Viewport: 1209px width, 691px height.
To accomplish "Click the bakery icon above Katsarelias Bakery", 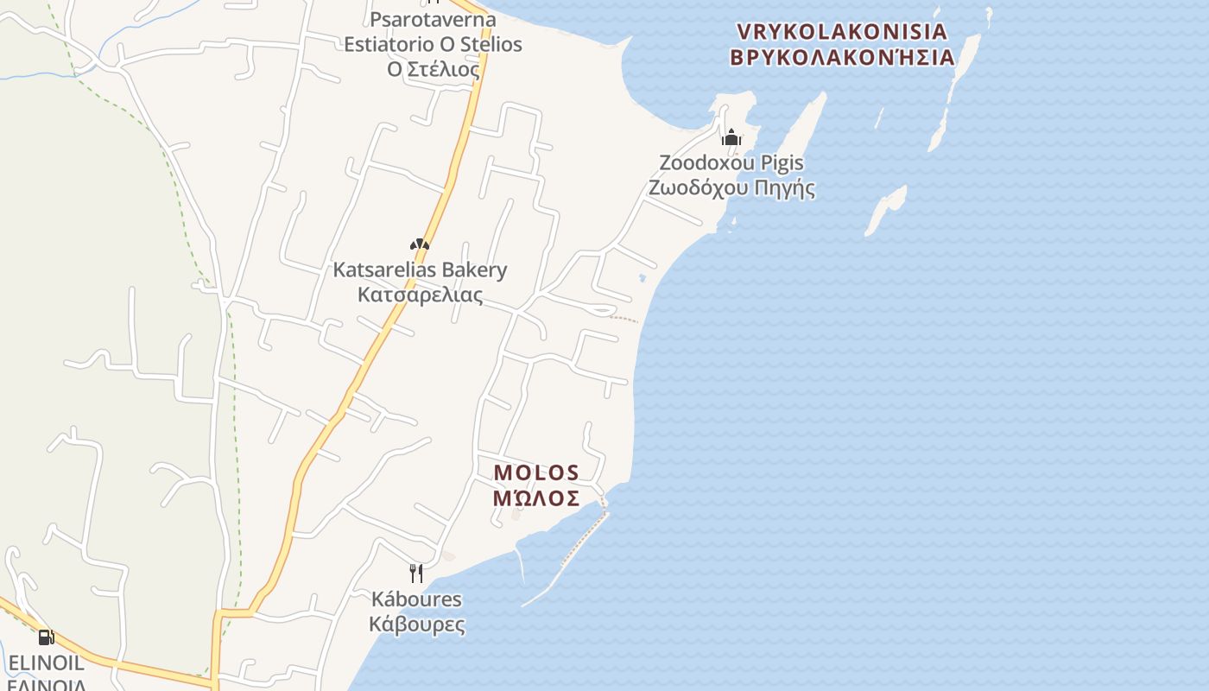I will [x=420, y=245].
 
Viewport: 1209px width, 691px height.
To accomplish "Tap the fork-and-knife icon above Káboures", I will [x=416, y=573].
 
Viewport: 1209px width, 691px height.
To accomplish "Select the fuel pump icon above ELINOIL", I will [x=46, y=637].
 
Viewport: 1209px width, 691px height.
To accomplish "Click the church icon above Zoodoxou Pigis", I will [x=731, y=137].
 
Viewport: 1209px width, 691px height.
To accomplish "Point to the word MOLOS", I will [x=536, y=472].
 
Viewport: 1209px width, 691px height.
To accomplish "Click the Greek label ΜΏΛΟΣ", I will [x=536, y=498].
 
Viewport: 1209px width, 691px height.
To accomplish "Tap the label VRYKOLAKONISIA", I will [x=842, y=32].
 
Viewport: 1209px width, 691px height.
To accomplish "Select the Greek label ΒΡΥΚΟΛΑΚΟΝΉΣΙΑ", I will [x=842, y=58].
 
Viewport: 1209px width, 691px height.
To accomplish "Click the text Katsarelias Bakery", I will [x=421, y=269].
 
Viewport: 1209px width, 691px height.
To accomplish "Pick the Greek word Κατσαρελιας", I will [x=421, y=295].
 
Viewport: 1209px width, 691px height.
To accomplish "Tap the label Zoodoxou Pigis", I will [x=731, y=162].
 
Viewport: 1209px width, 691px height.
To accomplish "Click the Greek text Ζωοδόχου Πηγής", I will [x=732, y=187].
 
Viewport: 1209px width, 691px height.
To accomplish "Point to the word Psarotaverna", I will [x=434, y=18].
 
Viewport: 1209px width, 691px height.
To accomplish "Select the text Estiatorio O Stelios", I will [x=434, y=43].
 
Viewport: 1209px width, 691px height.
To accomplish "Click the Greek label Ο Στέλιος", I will [x=434, y=68].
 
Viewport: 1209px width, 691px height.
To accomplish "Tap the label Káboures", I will [x=417, y=599].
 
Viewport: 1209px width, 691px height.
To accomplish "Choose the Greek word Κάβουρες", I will [x=417, y=624].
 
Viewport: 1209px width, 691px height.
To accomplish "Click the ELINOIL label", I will [x=47, y=663].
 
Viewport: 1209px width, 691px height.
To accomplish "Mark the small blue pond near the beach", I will [x=642, y=278].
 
